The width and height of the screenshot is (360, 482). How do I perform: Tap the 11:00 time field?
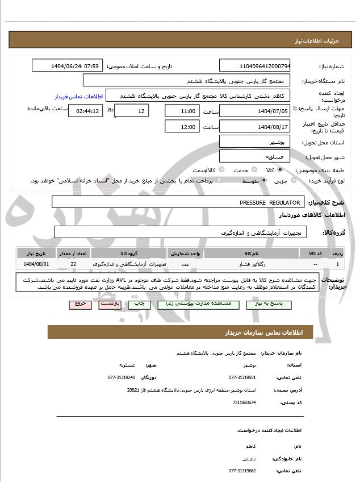click(181, 111)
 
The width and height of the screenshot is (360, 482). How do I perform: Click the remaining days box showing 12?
click(132, 111)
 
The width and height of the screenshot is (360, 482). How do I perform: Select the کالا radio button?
click(279, 170)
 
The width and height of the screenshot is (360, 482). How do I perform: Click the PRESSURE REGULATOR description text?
click(270, 202)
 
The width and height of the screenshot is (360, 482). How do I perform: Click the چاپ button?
click(139, 304)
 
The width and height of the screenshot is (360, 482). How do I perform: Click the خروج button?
click(81, 304)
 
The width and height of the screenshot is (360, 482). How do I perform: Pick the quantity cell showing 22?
click(73, 264)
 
